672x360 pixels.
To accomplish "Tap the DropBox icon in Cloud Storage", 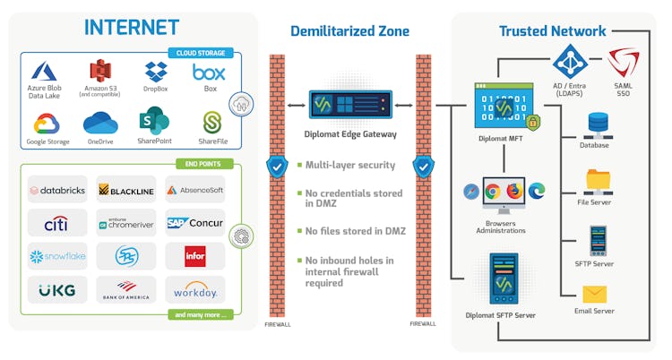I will [x=156, y=72].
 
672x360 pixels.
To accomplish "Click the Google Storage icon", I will [x=47, y=123].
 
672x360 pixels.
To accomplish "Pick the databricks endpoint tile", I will [x=57, y=189].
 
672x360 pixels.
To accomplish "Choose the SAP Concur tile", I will [x=194, y=222].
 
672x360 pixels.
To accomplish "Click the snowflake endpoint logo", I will [x=57, y=256].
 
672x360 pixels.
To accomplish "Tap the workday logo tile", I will [x=194, y=289].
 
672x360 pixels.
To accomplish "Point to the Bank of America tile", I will [x=125, y=289].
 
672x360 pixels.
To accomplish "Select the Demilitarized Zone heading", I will [x=349, y=31].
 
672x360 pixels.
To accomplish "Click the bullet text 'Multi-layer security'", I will [x=350, y=165].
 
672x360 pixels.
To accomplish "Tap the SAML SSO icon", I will [x=623, y=64].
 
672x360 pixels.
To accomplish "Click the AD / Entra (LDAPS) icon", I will [x=571, y=61].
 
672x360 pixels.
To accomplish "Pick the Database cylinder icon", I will [x=595, y=124].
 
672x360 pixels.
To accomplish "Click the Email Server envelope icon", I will [x=595, y=294].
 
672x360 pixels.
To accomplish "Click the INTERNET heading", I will [x=131, y=27].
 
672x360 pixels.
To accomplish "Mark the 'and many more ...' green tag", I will [x=199, y=314].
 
